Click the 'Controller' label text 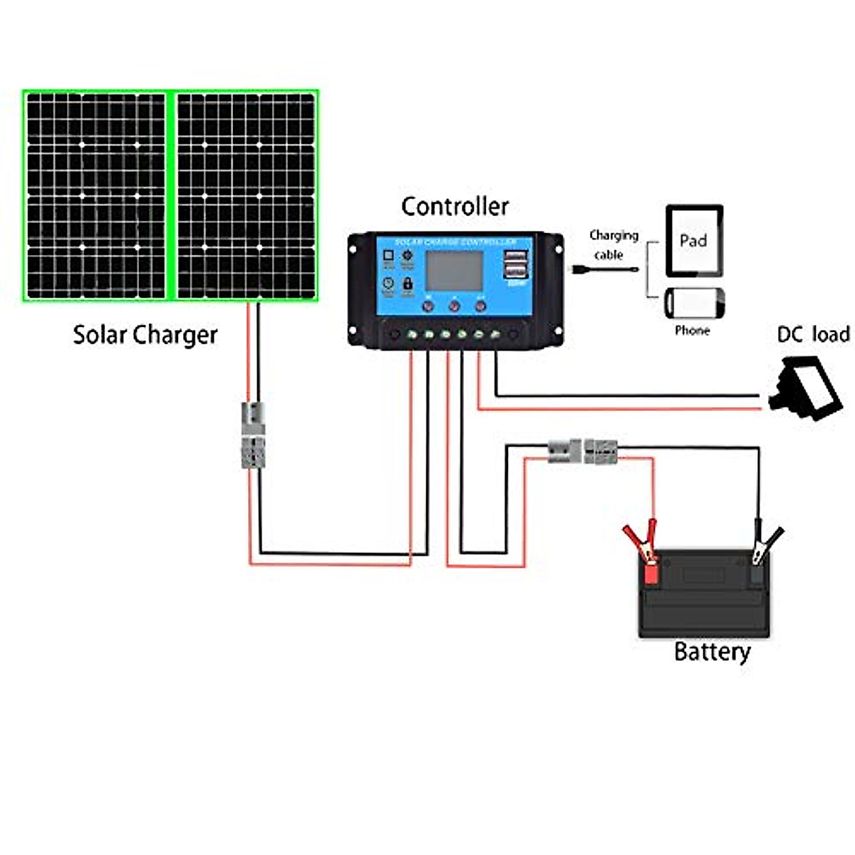[455, 207]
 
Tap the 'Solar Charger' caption [145, 335]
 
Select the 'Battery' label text [712, 652]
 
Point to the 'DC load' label [813, 334]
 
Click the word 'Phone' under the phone [692, 331]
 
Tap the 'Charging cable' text [613, 244]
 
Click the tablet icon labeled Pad [694, 241]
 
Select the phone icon [694, 304]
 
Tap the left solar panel [96, 196]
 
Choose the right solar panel [246, 196]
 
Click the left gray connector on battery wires [564, 451]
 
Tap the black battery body [704, 602]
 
